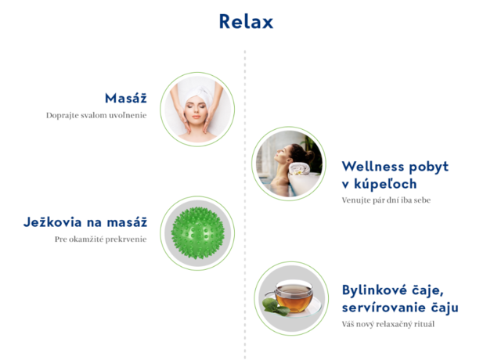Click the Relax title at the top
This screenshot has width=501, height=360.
246,22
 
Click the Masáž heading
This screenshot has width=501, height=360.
126,98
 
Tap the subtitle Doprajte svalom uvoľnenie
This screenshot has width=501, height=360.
96,115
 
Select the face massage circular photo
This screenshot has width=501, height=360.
197,110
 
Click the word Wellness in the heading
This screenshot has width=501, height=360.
373,167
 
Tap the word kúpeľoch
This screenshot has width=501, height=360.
385,184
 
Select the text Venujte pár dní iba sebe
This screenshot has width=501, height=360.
386,200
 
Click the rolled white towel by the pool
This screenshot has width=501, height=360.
299,169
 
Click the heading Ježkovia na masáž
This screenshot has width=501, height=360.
85,222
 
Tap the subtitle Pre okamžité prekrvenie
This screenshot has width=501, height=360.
101,239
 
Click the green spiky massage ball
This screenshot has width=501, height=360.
197,233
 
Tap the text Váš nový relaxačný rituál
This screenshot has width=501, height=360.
388,324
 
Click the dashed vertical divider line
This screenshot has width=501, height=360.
245,204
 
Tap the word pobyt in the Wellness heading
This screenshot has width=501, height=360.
429,167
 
